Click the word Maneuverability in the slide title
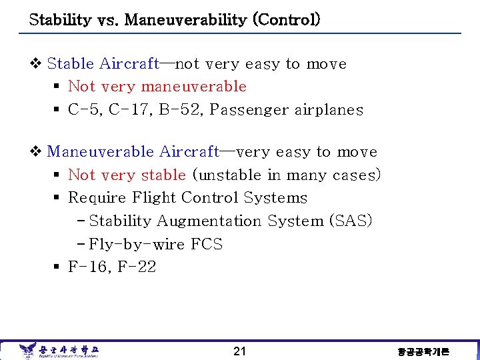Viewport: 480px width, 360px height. tap(175, 19)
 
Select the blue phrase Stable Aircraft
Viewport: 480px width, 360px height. tap(103, 64)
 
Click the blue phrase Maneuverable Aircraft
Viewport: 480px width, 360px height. tap(133, 152)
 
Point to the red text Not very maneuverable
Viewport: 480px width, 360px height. tap(157, 87)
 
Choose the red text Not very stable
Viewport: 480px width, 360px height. tap(127, 175)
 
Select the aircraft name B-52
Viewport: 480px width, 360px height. tap(179, 110)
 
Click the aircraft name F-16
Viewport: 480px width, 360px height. tap(88, 267)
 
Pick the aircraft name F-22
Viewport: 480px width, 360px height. tap(137, 267)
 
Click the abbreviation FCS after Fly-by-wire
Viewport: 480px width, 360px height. tap(207, 244)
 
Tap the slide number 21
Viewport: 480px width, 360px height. tap(240, 351)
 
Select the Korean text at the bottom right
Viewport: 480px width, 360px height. tap(423, 351)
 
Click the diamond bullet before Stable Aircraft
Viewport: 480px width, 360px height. tap(37, 64)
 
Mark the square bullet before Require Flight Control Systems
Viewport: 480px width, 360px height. tap(57, 199)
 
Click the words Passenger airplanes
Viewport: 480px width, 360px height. tap(286, 110)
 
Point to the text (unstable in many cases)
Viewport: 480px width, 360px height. tap(286, 175)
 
